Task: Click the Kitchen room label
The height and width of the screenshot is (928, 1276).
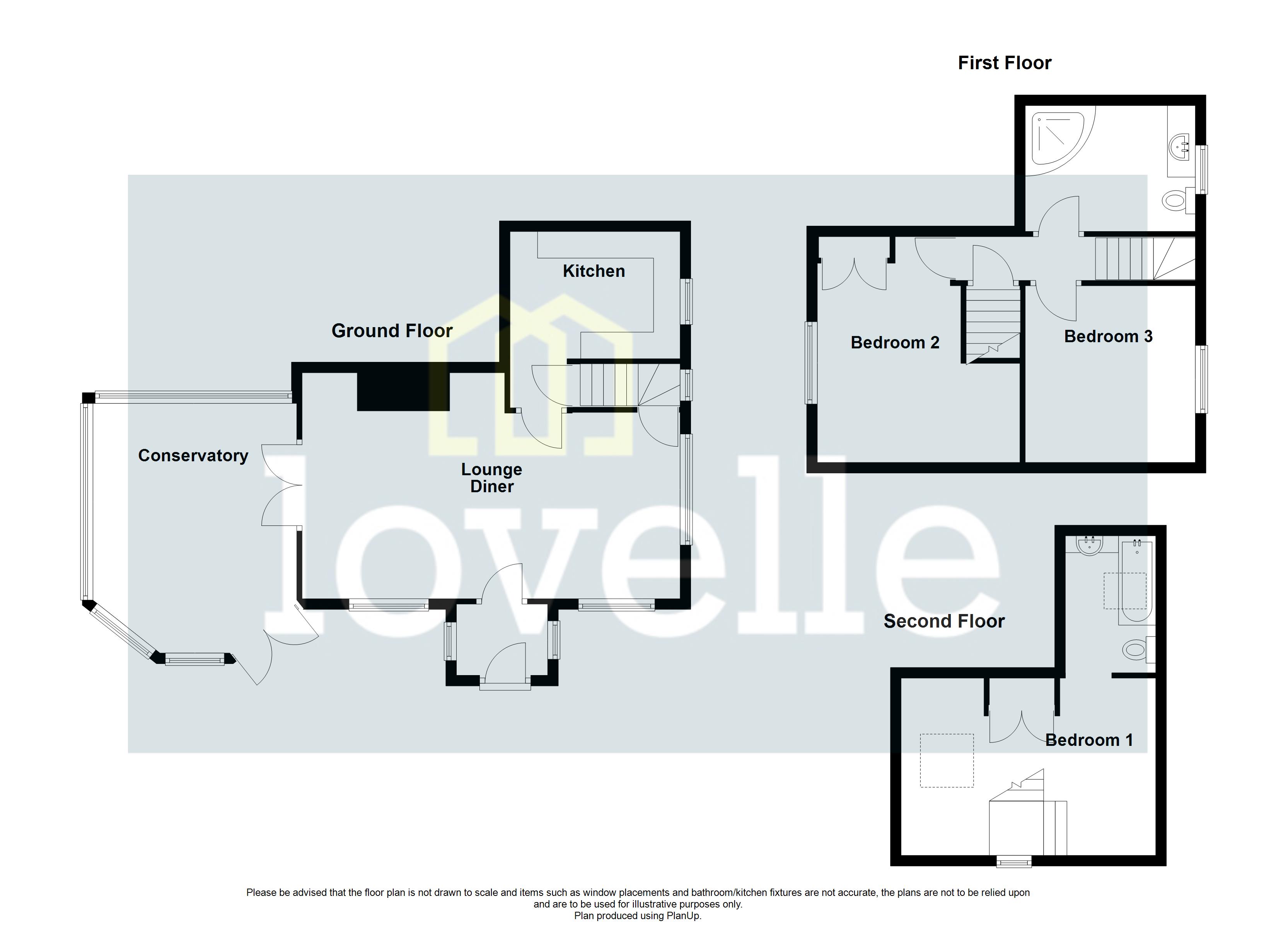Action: (x=594, y=271)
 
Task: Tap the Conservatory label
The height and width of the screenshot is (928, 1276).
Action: (x=193, y=455)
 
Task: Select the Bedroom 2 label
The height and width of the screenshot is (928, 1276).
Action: (x=894, y=342)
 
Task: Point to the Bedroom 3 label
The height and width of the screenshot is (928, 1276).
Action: (x=1108, y=336)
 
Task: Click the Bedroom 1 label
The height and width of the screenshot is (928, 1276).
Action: (x=1088, y=740)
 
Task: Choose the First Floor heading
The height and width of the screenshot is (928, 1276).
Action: (x=1004, y=63)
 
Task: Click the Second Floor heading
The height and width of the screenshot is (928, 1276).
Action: (x=943, y=621)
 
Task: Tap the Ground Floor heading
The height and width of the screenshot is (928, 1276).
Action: (x=392, y=331)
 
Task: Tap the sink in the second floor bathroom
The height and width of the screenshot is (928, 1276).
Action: (x=1090, y=545)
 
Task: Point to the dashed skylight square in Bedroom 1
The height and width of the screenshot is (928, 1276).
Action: (x=946, y=760)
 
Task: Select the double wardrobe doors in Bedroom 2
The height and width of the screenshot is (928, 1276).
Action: (x=854, y=275)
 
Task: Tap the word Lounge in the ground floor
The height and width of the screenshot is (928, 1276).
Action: (x=491, y=469)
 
